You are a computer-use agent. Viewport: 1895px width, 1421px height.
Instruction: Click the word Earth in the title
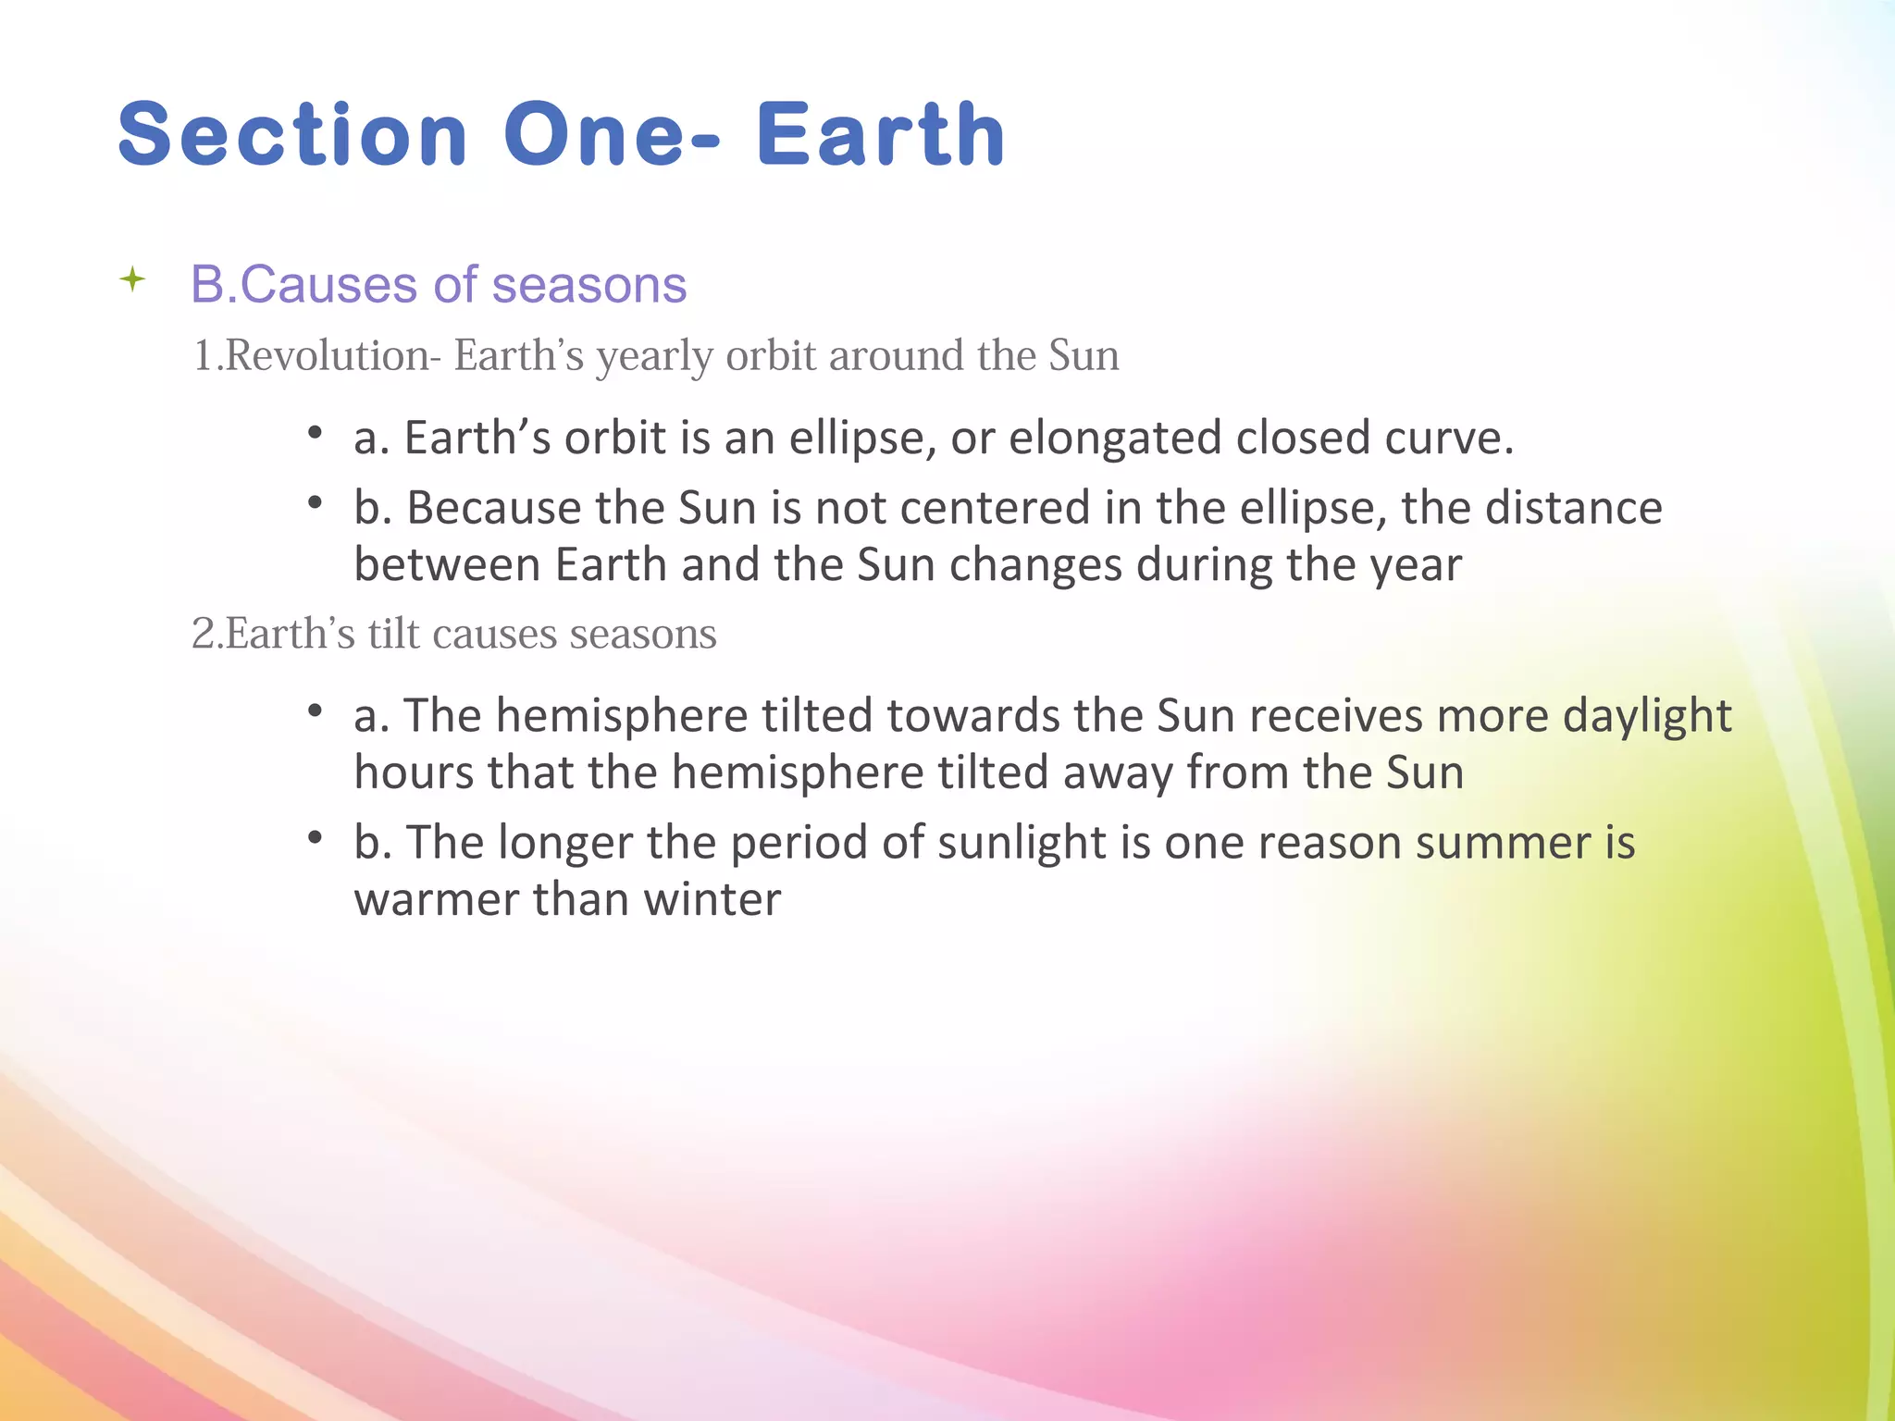[x=881, y=135]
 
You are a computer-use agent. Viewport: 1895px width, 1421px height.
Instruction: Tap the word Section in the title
[x=292, y=135]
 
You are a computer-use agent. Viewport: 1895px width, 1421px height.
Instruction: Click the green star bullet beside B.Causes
[x=133, y=279]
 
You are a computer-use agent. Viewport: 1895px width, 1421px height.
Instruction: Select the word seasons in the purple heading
[x=589, y=284]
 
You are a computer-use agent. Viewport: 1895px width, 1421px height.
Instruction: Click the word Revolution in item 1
[x=327, y=356]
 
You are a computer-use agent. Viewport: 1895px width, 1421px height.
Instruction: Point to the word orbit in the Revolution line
[x=770, y=356]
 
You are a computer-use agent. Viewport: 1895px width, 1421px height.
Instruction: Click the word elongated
[x=1114, y=439]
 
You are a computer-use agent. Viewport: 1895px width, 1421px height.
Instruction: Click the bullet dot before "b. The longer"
[x=315, y=837]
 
